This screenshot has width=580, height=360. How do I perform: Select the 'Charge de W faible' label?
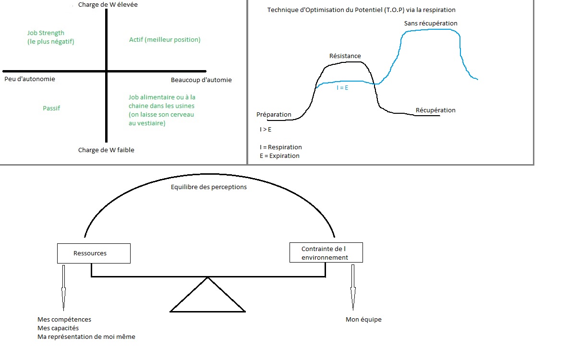click(106, 150)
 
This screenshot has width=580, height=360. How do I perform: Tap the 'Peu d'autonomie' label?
click(29, 79)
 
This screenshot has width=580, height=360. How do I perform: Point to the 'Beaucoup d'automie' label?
click(201, 80)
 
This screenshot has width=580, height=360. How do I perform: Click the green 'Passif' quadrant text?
click(51, 108)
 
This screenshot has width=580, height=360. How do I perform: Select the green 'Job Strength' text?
click(46, 33)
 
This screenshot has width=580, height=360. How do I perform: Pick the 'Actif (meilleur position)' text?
click(165, 40)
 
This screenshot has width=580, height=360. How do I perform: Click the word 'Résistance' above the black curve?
click(345, 56)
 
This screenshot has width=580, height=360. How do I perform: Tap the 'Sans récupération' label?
click(431, 24)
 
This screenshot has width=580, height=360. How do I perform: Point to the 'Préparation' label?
click(274, 115)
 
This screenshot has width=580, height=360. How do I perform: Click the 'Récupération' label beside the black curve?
click(435, 110)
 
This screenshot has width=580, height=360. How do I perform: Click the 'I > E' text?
click(265, 130)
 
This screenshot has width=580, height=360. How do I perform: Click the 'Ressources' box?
click(94, 253)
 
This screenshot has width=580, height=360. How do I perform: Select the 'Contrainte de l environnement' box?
click(326, 253)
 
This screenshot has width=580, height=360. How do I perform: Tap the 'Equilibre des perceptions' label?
click(209, 187)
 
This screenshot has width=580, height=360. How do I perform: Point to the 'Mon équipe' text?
click(363, 320)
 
